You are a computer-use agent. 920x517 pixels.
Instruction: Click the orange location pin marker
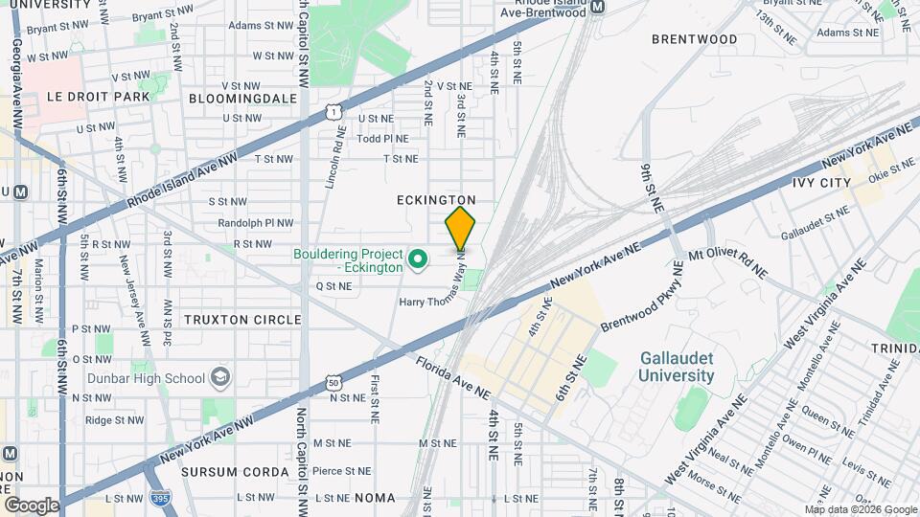(x=460, y=229)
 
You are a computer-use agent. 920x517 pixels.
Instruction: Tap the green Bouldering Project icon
(x=417, y=259)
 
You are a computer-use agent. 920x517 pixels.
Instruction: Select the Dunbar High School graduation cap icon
(x=221, y=377)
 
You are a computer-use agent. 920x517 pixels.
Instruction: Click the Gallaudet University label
(x=677, y=366)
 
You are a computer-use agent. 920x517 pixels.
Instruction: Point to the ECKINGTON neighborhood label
(x=436, y=199)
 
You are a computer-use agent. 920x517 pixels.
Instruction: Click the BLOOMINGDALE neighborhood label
(x=242, y=98)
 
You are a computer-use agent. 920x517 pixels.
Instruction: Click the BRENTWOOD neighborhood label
(x=694, y=39)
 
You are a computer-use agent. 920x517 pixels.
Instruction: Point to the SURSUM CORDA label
(x=235, y=472)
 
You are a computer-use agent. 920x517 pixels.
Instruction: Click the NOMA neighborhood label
(x=375, y=498)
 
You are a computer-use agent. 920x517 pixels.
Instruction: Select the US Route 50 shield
(x=333, y=382)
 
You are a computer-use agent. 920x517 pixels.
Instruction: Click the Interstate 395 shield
(x=162, y=498)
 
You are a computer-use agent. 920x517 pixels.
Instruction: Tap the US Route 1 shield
(x=332, y=112)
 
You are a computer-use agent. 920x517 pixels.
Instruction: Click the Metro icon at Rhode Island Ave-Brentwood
(x=598, y=7)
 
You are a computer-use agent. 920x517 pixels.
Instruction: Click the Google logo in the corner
(x=32, y=505)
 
